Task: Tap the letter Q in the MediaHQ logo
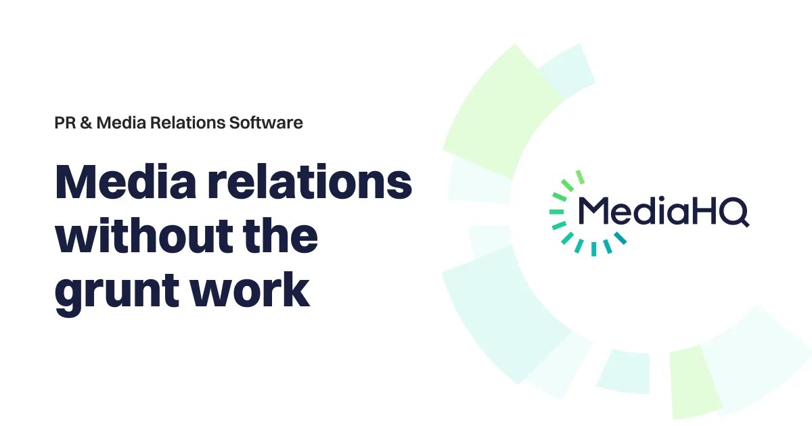pyautogui.click(x=734, y=212)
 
